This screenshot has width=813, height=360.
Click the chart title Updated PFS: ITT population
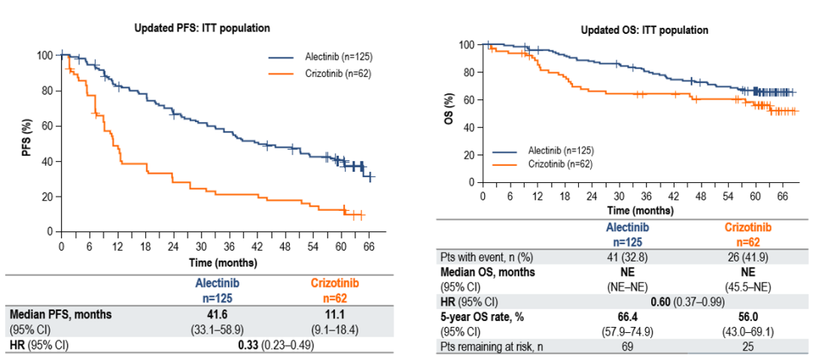tap(202, 28)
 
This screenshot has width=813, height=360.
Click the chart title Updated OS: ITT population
tap(644, 30)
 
